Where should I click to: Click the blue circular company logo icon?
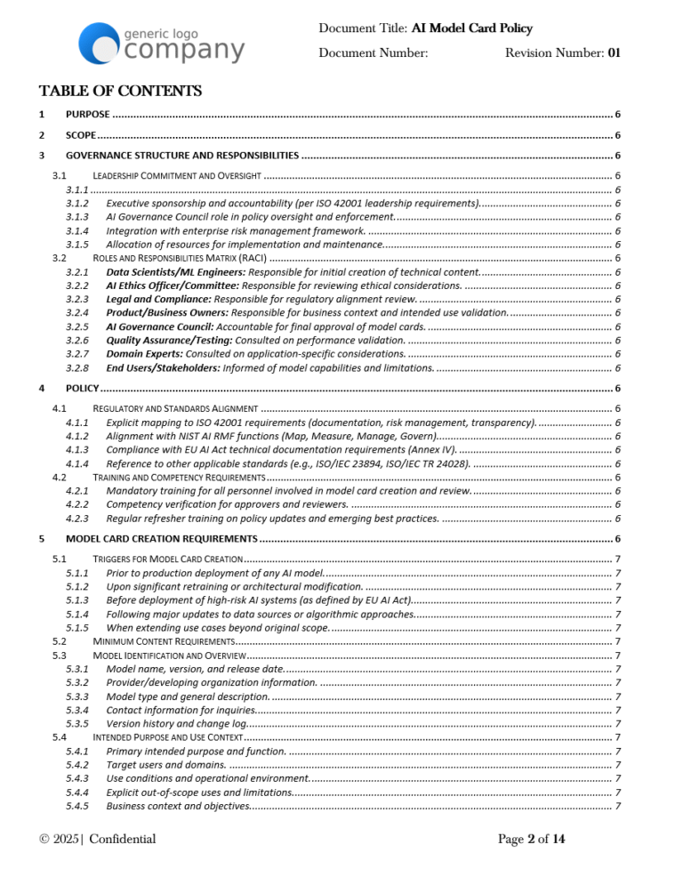[98, 44]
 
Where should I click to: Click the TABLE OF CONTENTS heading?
[120, 92]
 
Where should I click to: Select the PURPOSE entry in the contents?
[88, 115]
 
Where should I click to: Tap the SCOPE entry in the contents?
[81, 135]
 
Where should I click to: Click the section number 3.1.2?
[77, 204]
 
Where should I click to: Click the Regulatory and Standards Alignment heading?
[175, 408]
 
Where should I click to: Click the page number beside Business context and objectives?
[618, 806]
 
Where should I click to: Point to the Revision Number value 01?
[614, 53]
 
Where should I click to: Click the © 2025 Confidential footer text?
[98, 839]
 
